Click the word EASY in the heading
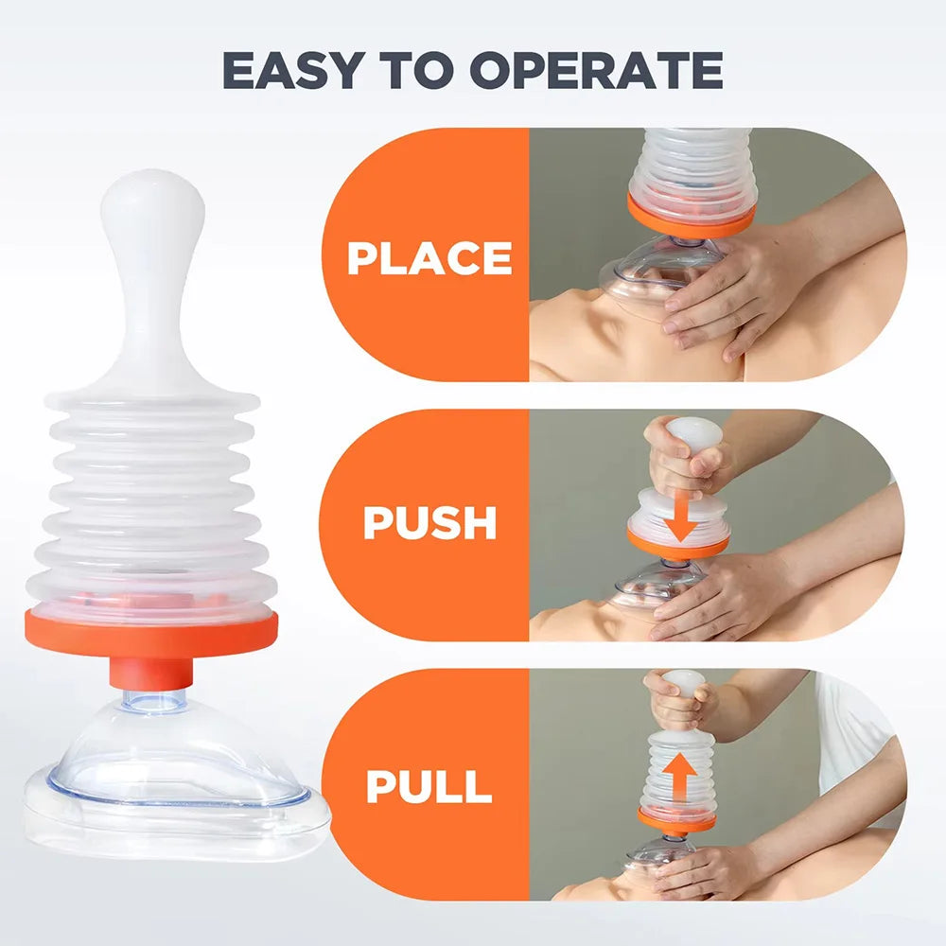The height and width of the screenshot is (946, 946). tap(291, 70)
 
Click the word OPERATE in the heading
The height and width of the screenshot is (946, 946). tap(594, 70)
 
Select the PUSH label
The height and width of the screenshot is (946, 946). tap(429, 523)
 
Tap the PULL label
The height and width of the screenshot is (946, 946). tap(429, 787)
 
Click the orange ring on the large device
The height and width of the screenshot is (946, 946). tap(151, 632)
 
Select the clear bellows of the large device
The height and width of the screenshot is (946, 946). tap(151, 501)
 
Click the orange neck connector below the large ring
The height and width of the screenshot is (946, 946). tap(151, 673)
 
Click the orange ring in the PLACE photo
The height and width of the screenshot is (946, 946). tap(691, 219)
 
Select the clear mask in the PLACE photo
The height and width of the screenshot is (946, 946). tap(653, 270)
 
